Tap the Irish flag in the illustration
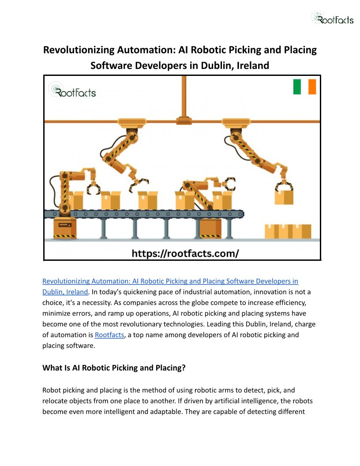point(304,87)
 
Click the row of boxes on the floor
point(288,231)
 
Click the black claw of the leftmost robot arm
point(93,188)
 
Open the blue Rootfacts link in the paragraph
point(109,335)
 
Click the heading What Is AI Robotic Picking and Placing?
point(114,368)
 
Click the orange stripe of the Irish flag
point(312,87)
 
